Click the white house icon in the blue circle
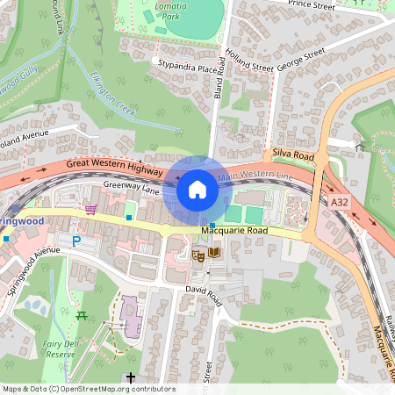coord(197,189)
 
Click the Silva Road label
coord(293,154)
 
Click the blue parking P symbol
coord(76,241)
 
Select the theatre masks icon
coord(199,254)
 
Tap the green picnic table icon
coord(82,314)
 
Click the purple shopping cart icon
coord(91,209)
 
